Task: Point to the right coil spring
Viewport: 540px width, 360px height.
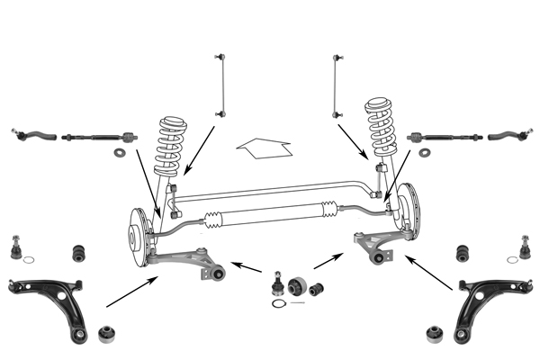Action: (x=383, y=130)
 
